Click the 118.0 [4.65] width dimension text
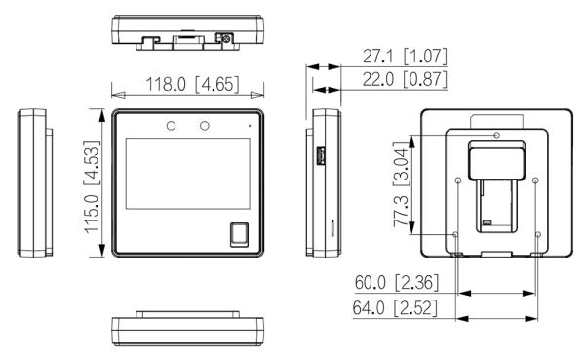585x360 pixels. pos(192,84)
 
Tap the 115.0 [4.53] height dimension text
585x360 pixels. pos(92,187)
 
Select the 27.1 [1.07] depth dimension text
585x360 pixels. pos(405,56)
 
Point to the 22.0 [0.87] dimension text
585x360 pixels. pos(405,79)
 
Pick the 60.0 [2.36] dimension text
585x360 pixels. pos(397,282)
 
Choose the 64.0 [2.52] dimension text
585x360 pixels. pos(395,308)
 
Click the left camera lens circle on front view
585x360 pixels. pos(171,126)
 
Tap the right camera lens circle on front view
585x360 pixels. pos(205,126)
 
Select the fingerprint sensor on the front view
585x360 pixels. pos(239,234)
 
